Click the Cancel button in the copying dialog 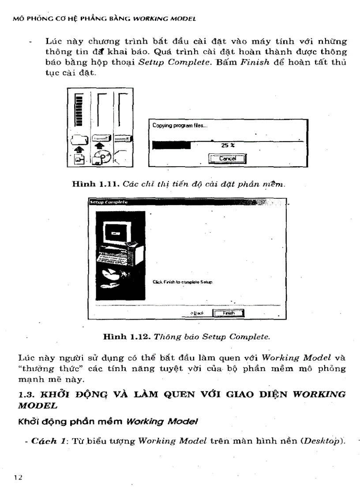228,158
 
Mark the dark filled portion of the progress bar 171,145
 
